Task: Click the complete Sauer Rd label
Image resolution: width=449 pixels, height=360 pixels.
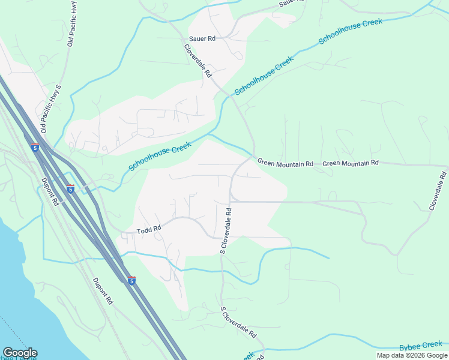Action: (x=202, y=38)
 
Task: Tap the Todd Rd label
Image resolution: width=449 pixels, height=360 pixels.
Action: (x=149, y=229)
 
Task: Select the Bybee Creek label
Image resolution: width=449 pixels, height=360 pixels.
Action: (x=420, y=346)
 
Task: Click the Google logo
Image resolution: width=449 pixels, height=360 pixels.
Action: (x=20, y=353)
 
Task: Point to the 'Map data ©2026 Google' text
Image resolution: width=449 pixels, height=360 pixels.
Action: (x=412, y=355)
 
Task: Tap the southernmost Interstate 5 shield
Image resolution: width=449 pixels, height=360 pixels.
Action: (x=131, y=280)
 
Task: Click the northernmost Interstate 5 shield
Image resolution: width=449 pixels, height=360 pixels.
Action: (x=35, y=147)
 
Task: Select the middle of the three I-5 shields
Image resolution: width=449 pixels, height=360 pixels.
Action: (x=70, y=189)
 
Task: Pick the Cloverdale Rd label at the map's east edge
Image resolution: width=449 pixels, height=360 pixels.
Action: (x=438, y=191)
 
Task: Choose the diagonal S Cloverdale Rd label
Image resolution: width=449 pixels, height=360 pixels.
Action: (x=238, y=323)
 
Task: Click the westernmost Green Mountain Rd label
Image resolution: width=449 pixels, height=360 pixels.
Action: (x=285, y=163)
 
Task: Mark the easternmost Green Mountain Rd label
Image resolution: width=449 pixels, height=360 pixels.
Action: (x=350, y=163)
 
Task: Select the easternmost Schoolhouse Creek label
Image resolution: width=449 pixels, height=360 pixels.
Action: (x=350, y=31)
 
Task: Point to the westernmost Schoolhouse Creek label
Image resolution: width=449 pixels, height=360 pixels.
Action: (x=160, y=155)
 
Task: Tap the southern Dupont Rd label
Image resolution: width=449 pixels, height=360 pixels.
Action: (x=103, y=291)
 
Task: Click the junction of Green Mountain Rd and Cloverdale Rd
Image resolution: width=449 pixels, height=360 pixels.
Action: (x=253, y=156)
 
